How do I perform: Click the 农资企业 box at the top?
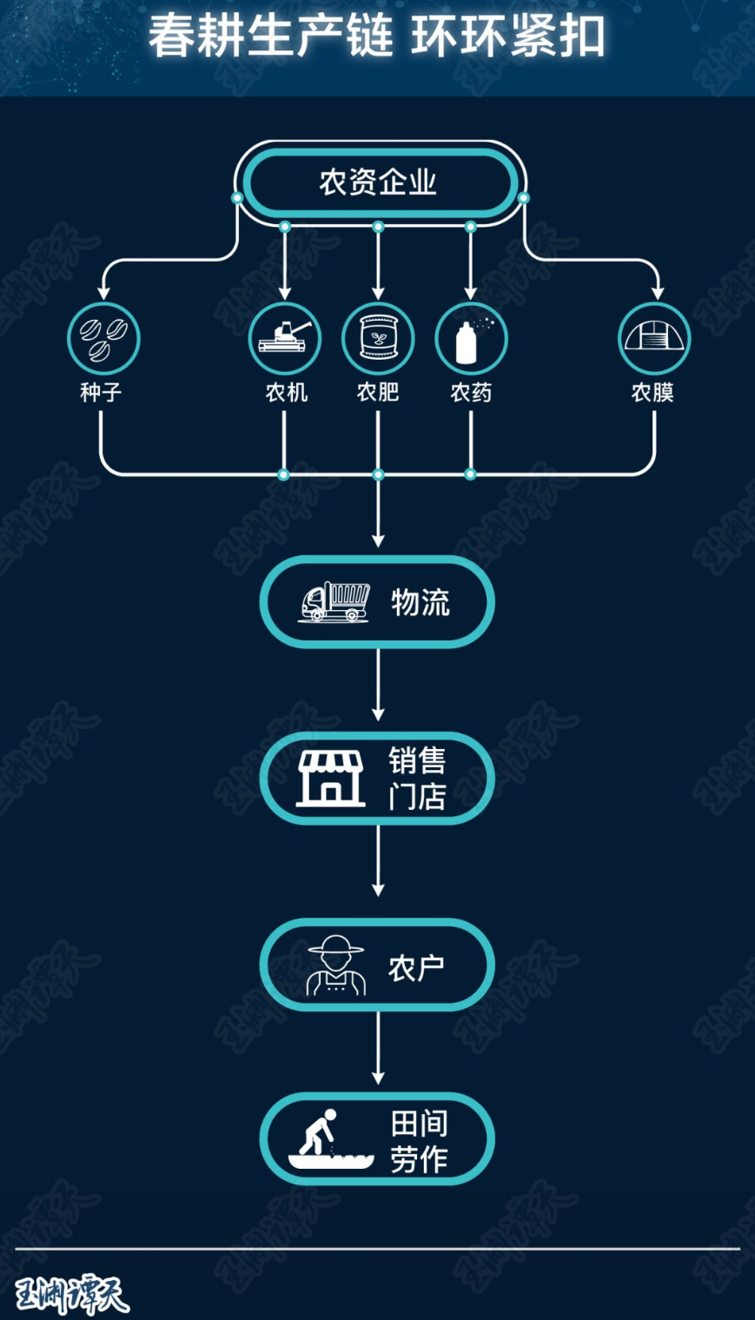pyautogui.click(x=378, y=182)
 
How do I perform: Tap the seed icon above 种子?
pyautogui.click(x=103, y=339)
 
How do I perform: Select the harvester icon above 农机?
pyautogui.click(x=285, y=339)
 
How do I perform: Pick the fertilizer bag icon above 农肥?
pyautogui.click(x=378, y=339)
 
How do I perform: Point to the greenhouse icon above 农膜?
pyautogui.click(x=654, y=339)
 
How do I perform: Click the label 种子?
pyautogui.click(x=101, y=392)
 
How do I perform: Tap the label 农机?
pyautogui.click(x=287, y=392)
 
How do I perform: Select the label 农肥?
pyautogui.click(x=378, y=392)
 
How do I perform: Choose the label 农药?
pyautogui.click(x=471, y=392)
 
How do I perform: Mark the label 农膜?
pyautogui.click(x=652, y=392)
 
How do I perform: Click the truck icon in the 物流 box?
pyautogui.click(x=334, y=601)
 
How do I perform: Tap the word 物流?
pyautogui.click(x=421, y=602)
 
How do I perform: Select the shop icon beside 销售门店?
pyautogui.click(x=331, y=778)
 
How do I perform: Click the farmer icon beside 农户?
pyautogui.click(x=336, y=965)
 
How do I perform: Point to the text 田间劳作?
pyautogui.click(x=419, y=1142)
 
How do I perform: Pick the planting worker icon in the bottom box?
pyautogui.click(x=331, y=1138)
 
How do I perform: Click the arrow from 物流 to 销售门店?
pyautogui.click(x=378, y=685)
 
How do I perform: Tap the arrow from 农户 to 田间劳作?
pyautogui.click(x=378, y=1048)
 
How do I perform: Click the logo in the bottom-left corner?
pyautogui.click(x=71, y=1295)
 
